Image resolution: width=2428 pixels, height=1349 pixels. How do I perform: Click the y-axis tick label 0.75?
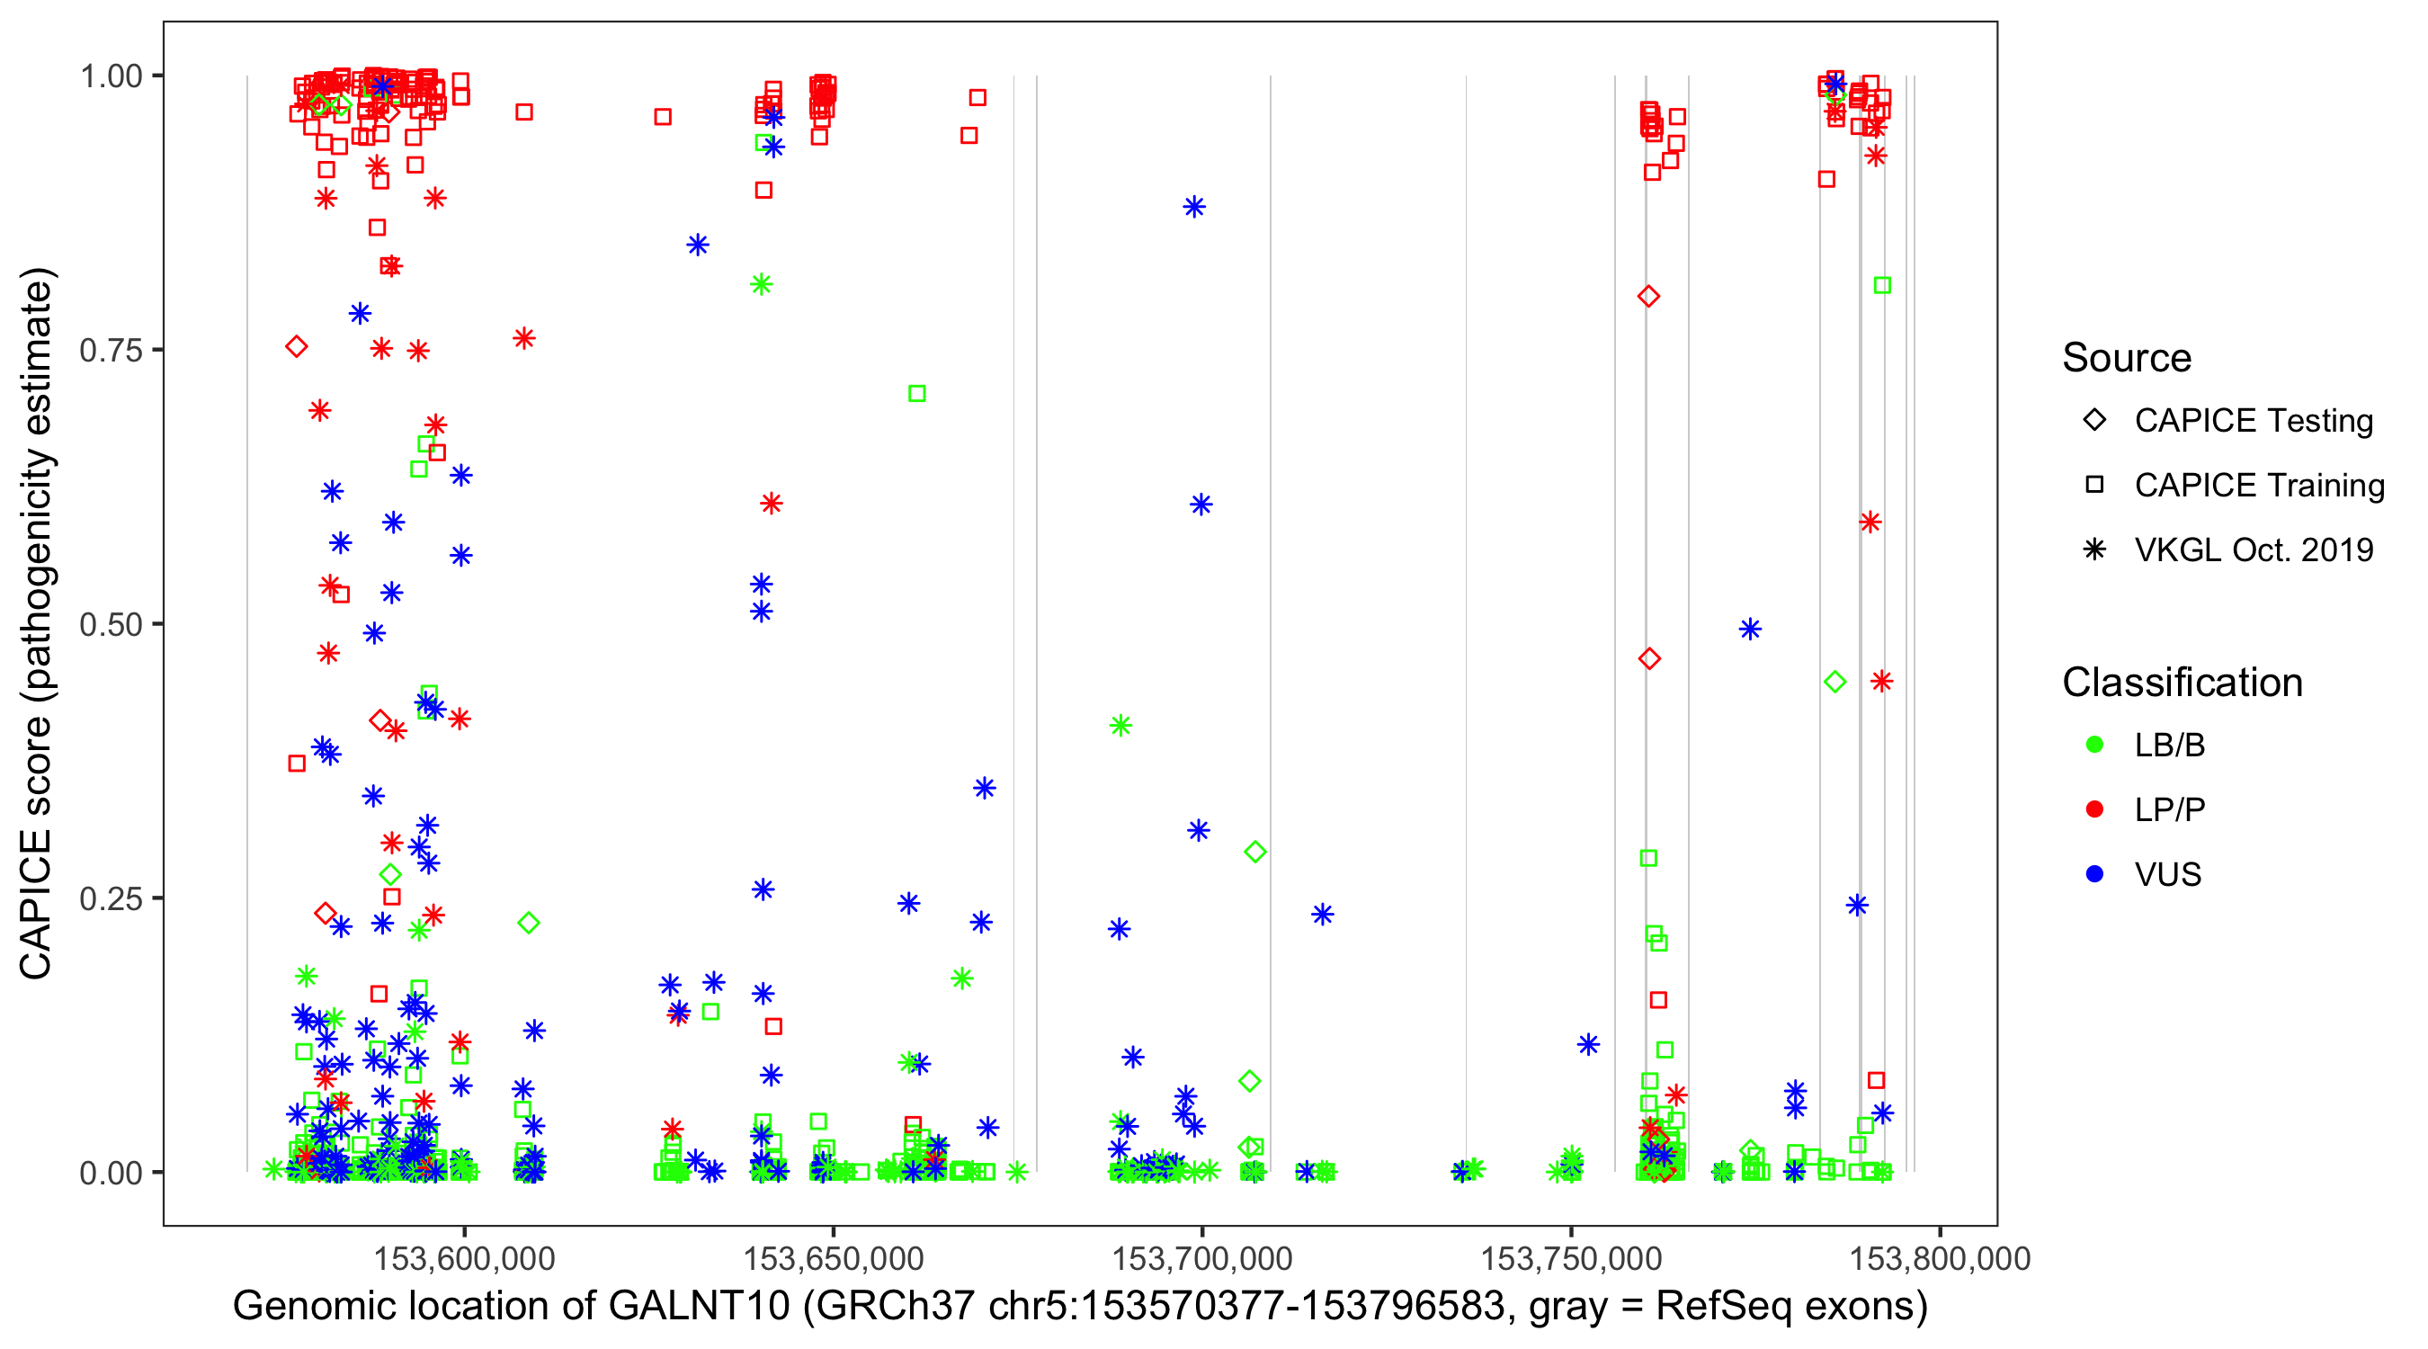pyautogui.click(x=110, y=351)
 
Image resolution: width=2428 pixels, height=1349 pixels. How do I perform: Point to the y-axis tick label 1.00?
pyautogui.click(x=110, y=76)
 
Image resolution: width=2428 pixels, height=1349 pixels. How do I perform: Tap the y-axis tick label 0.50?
pyautogui.click(x=110, y=625)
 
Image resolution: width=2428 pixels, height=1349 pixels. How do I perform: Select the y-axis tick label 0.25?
pyautogui.click(x=110, y=898)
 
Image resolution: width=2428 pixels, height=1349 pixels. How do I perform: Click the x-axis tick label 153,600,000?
pyautogui.click(x=464, y=1258)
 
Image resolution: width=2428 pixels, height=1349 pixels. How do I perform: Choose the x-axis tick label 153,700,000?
pyautogui.click(x=1201, y=1258)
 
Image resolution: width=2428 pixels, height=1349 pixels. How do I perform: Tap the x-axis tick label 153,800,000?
pyautogui.click(x=1939, y=1258)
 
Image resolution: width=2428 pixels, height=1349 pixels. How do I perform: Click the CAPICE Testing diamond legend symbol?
pyautogui.click(x=2094, y=421)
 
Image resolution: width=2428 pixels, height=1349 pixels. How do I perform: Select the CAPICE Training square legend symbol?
pyautogui.click(x=2094, y=486)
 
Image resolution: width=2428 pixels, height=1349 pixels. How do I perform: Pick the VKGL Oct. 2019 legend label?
pyautogui.click(x=2254, y=550)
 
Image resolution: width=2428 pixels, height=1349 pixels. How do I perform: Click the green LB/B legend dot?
pyautogui.click(x=2094, y=746)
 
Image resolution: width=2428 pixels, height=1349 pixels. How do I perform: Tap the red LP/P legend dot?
pyautogui.click(x=2094, y=809)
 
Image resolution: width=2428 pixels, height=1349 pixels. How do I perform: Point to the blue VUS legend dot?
pyautogui.click(x=2094, y=875)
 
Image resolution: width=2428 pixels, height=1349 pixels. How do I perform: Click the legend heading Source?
pyautogui.click(x=2127, y=358)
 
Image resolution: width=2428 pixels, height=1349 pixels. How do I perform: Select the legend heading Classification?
pyautogui.click(x=2182, y=683)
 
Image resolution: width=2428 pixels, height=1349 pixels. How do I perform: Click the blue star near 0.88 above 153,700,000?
pyautogui.click(x=1194, y=208)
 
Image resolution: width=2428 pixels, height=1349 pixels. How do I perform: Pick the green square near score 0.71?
pyautogui.click(x=917, y=394)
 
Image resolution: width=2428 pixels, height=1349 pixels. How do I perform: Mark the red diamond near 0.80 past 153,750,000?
pyautogui.click(x=1648, y=297)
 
